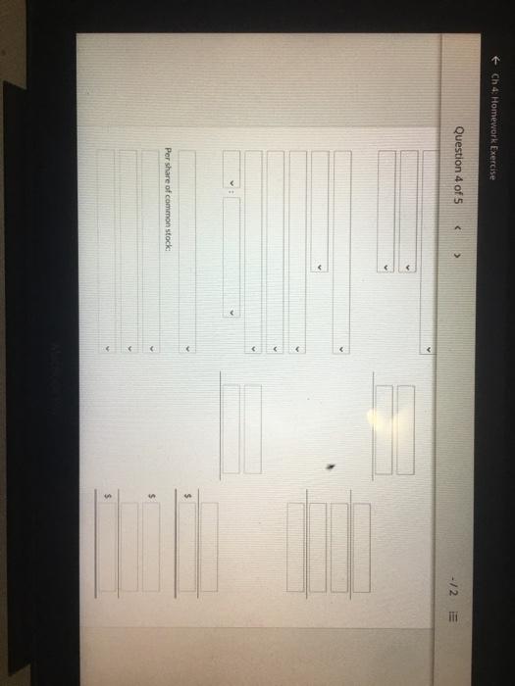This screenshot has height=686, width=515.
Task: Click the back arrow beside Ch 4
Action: tap(494, 59)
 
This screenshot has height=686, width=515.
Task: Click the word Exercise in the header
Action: tap(494, 163)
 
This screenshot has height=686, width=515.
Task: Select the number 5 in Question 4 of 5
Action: tap(458, 201)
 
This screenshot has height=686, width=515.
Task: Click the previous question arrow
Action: tap(458, 228)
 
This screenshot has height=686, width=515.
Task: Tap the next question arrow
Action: tap(458, 254)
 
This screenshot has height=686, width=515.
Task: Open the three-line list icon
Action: tap(453, 617)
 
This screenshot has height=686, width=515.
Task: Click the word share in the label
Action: tap(168, 171)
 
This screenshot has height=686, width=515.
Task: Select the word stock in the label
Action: tap(168, 241)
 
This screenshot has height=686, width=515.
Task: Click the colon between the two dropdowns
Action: tap(232, 191)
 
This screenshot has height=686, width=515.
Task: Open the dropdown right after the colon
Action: tap(232, 257)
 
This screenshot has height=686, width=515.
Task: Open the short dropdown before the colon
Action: tap(232, 170)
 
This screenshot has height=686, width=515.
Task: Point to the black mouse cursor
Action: tap(332, 467)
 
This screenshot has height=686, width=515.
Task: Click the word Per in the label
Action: tap(168, 154)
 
